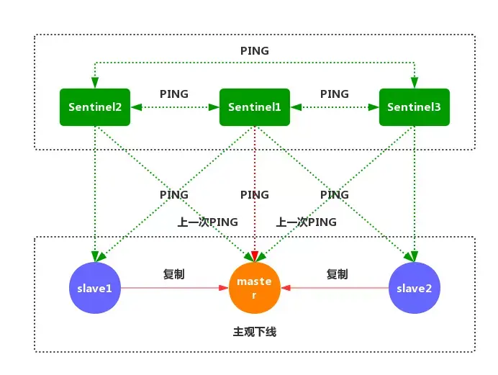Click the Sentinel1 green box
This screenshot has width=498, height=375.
[255, 107]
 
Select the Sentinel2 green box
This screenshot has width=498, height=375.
[95, 107]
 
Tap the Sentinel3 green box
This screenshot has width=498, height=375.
[414, 107]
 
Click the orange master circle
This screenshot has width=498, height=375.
[255, 288]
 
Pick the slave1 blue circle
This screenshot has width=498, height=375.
[95, 288]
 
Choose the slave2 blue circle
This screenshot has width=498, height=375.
[414, 288]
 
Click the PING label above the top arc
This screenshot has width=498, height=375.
[255, 51]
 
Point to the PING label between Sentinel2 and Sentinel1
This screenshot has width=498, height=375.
[174, 94]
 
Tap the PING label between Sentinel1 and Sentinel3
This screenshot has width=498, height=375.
[334, 94]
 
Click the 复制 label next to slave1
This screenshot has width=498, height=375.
[174, 274]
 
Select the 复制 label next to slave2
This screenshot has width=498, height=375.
[337, 274]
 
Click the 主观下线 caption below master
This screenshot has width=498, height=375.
[255, 332]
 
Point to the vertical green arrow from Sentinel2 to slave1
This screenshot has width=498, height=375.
[95, 187]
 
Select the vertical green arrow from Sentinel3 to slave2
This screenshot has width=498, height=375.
[414, 187]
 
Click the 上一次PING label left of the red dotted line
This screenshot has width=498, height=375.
[208, 222]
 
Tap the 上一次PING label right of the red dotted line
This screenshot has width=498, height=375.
[306, 222]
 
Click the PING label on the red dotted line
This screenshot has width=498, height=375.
[255, 195]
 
